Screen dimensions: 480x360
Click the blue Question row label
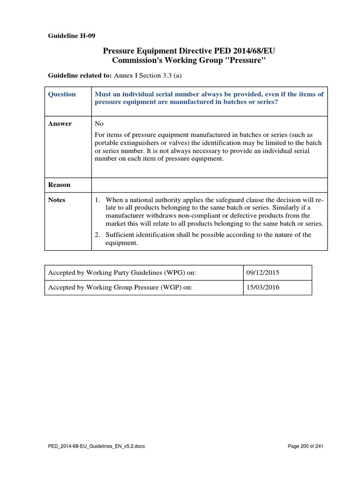(x=62, y=94)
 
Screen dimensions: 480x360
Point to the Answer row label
(x=60, y=124)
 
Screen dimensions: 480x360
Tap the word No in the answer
(x=99, y=124)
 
